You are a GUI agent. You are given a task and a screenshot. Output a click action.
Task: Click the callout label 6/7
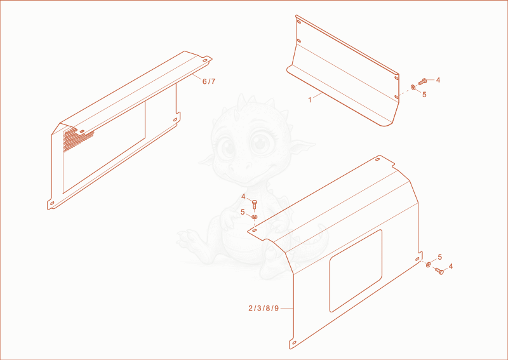click(209, 81)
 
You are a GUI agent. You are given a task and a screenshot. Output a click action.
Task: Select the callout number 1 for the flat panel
click(310, 100)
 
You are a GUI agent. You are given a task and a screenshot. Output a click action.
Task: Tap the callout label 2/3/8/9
click(264, 308)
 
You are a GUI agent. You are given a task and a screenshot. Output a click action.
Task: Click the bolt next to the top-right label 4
click(422, 81)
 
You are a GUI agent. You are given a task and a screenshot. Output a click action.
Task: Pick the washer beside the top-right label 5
click(413, 87)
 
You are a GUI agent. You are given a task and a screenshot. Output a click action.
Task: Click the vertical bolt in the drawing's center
click(255, 204)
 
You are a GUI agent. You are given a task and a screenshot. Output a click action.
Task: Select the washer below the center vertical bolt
click(255, 216)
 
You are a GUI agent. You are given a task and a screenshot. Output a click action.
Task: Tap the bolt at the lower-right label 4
click(439, 271)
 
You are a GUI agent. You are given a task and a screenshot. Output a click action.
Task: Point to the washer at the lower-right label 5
click(428, 265)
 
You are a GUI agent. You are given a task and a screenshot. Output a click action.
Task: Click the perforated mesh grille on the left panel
click(76, 139)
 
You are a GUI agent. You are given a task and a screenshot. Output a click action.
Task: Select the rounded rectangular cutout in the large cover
click(356, 271)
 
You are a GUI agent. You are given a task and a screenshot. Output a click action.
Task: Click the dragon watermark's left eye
click(227, 147)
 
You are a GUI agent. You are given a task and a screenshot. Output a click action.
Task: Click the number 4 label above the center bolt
click(243, 196)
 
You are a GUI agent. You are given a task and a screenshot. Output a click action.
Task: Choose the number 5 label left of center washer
click(243, 212)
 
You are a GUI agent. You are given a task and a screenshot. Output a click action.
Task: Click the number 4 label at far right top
click(438, 80)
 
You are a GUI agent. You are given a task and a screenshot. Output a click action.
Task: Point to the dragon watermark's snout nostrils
click(240, 168)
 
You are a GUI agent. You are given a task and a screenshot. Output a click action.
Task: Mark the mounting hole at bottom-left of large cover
click(294, 343)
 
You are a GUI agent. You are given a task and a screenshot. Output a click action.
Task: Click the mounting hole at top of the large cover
click(377, 159)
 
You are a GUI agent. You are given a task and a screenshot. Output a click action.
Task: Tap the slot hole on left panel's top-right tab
click(205, 60)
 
